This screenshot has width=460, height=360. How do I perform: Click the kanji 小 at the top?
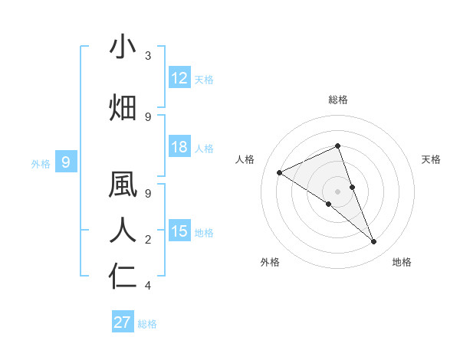pos(123,47)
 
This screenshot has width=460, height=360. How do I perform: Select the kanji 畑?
pos(123,107)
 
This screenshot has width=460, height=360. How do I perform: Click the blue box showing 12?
pos(179,78)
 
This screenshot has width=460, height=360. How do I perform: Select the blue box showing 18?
pos(179,147)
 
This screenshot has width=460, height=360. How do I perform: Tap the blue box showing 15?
pos(179,231)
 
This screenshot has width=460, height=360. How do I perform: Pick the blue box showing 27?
pos(122,322)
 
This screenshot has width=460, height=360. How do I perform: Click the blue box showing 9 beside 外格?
pos(66,162)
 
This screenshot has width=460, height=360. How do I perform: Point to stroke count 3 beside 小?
pos(148,57)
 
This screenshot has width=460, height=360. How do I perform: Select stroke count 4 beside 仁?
pos(148,286)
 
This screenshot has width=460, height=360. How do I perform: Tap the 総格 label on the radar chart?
pos(337,100)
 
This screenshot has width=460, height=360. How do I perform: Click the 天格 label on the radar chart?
pos(432,159)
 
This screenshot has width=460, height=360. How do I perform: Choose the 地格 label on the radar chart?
pos(402,262)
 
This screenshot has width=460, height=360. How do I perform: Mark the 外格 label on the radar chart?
pos(270,262)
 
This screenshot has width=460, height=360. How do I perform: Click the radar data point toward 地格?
pos(374,242)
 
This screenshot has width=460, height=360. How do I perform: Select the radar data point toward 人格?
pos(279,172)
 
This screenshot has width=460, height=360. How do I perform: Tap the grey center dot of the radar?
pos(337,191)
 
